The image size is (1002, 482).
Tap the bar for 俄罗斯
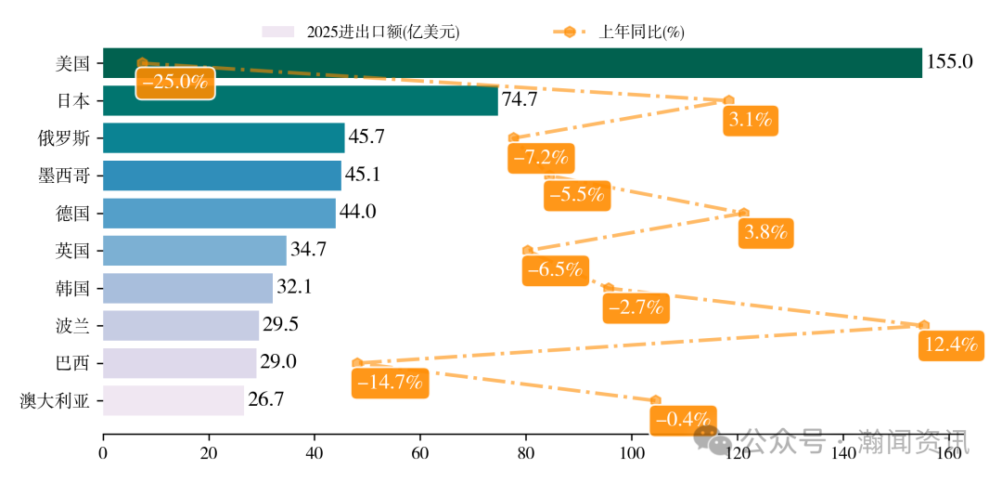point(223,137)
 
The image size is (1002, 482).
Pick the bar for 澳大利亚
point(173,400)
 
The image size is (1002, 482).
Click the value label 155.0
point(949,62)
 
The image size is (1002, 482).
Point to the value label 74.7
point(520,100)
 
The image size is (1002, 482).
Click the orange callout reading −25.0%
point(175,82)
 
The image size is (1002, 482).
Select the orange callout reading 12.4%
point(951,345)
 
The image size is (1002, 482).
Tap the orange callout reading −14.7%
point(389,382)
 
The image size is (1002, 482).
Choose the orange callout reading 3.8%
point(766,232)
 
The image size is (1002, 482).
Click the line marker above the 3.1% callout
point(728,99)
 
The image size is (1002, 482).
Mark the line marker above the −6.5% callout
point(528,250)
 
